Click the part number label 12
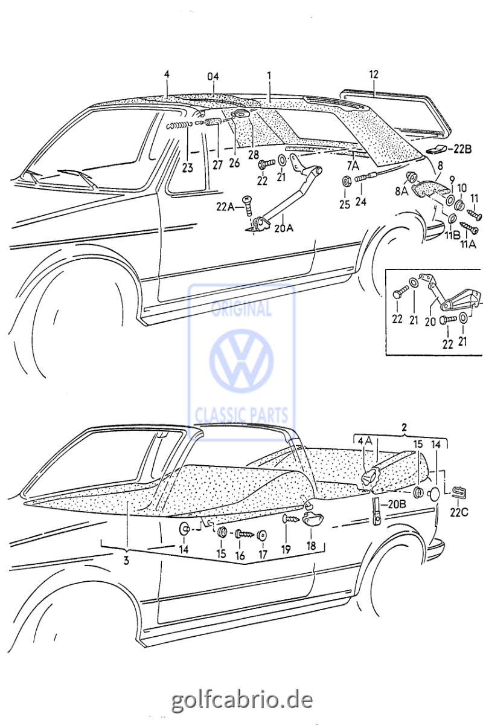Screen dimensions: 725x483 374,74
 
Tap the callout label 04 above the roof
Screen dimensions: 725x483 213,77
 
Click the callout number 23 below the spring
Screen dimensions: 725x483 188,169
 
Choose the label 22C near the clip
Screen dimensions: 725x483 458,514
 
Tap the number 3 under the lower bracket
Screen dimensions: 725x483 126,561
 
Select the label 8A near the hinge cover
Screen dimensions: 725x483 401,191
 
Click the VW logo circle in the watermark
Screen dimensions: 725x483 241,362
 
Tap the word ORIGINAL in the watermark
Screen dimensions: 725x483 241,309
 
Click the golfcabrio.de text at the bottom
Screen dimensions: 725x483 242,700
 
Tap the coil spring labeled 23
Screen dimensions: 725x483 179,125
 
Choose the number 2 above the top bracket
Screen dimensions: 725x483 404,428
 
